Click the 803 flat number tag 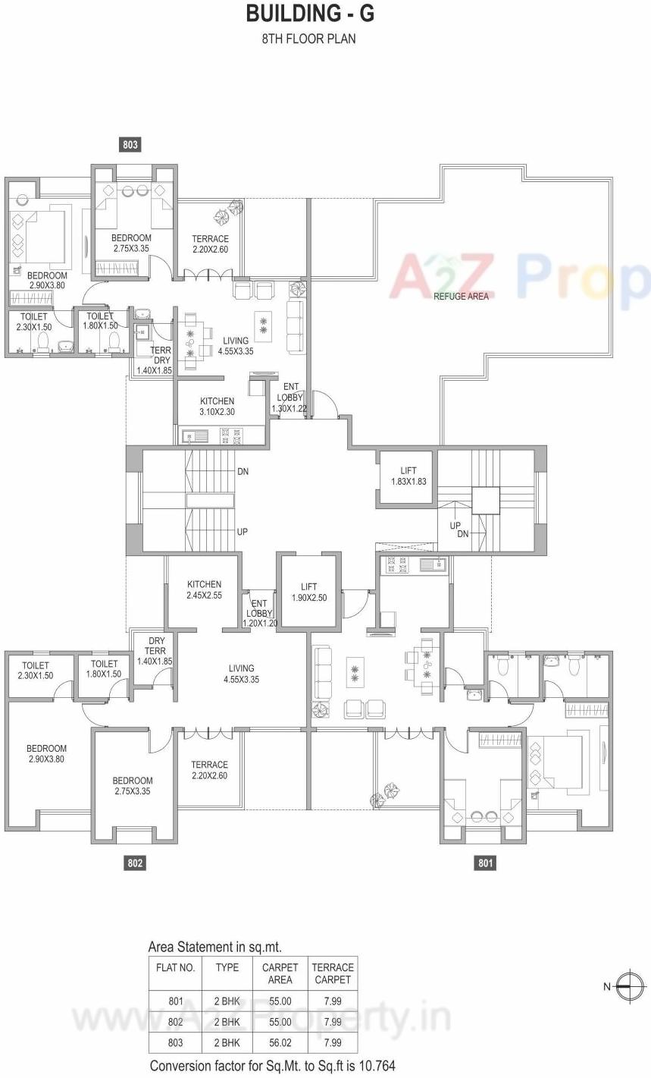130,144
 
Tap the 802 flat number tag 135,863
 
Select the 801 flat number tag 485,863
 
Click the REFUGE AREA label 461,297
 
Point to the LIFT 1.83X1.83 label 408,476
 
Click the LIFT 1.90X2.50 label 308,592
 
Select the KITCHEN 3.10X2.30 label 218,407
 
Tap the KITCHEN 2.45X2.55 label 205,590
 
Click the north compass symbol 629,986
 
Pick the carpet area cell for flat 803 280,1042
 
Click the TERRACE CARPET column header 333,973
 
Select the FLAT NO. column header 176,967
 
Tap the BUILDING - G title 310,14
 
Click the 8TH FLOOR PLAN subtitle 308,39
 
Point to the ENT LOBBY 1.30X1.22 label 290,398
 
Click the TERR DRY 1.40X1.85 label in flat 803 155,360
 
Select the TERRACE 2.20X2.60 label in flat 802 209,770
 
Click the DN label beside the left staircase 243,471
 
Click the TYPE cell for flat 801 227,1001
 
